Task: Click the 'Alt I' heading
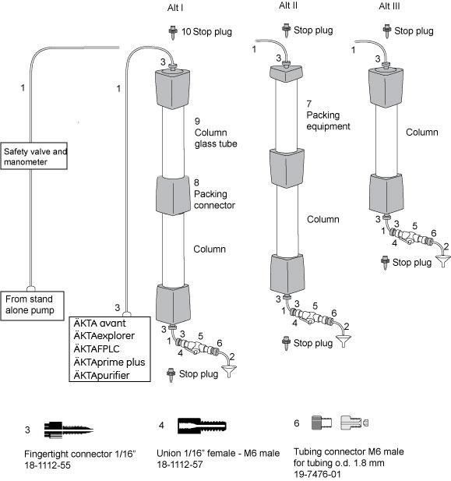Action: [175, 7]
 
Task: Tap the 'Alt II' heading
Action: [288, 5]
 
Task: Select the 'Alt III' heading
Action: [389, 6]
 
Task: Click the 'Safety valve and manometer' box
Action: [34, 156]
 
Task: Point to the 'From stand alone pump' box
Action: [32, 306]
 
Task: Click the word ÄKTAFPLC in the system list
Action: [97, 348]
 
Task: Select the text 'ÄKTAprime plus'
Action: [110, 362]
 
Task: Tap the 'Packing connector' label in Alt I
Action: [215, 200]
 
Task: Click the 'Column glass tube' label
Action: [216, 138]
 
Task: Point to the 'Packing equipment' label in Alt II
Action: [328, 121]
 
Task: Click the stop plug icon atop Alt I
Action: [173, 33]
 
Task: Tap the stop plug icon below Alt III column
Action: [385, 263]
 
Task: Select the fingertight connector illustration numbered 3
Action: [69, 430]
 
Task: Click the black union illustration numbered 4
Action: [202, 426]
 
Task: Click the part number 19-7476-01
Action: [317, 474]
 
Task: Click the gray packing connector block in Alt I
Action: [173, 196]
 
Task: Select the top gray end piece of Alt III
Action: [386, 87]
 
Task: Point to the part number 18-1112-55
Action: [48, 465]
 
